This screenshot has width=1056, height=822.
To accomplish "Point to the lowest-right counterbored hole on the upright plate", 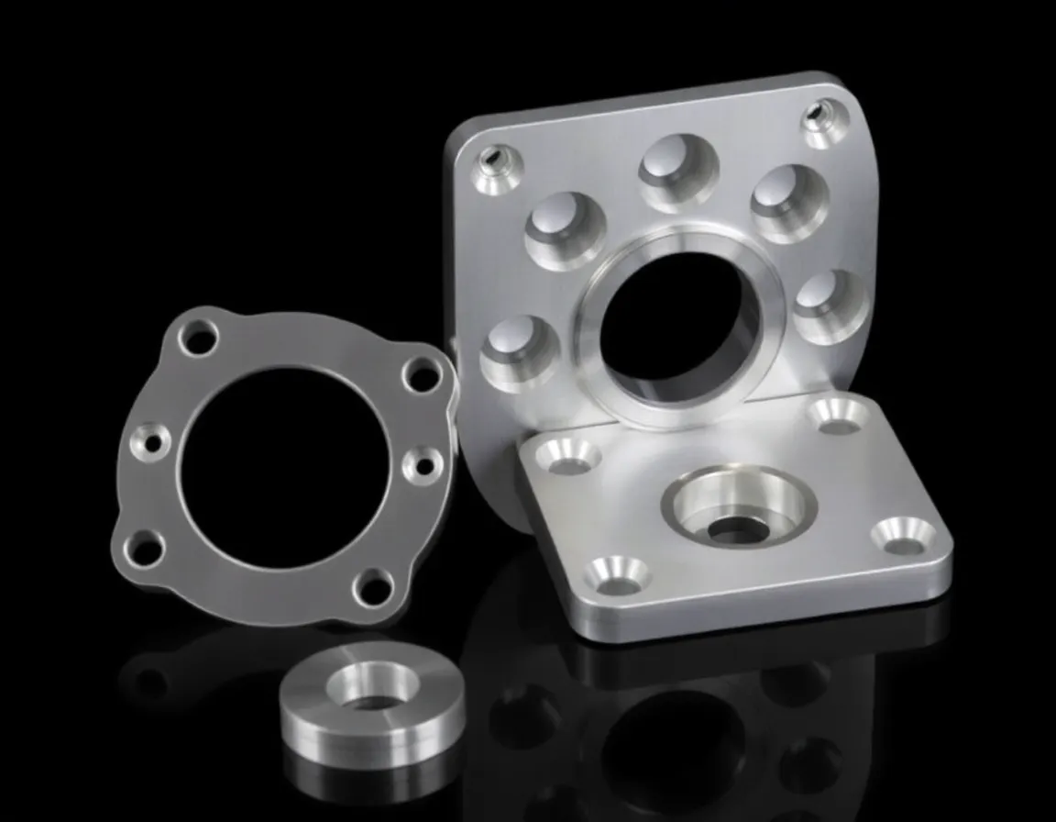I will tap(827, 304).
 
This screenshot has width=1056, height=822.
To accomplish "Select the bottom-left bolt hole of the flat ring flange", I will tap(146, 549).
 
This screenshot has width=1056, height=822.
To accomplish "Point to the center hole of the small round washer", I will tap(371, 694).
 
